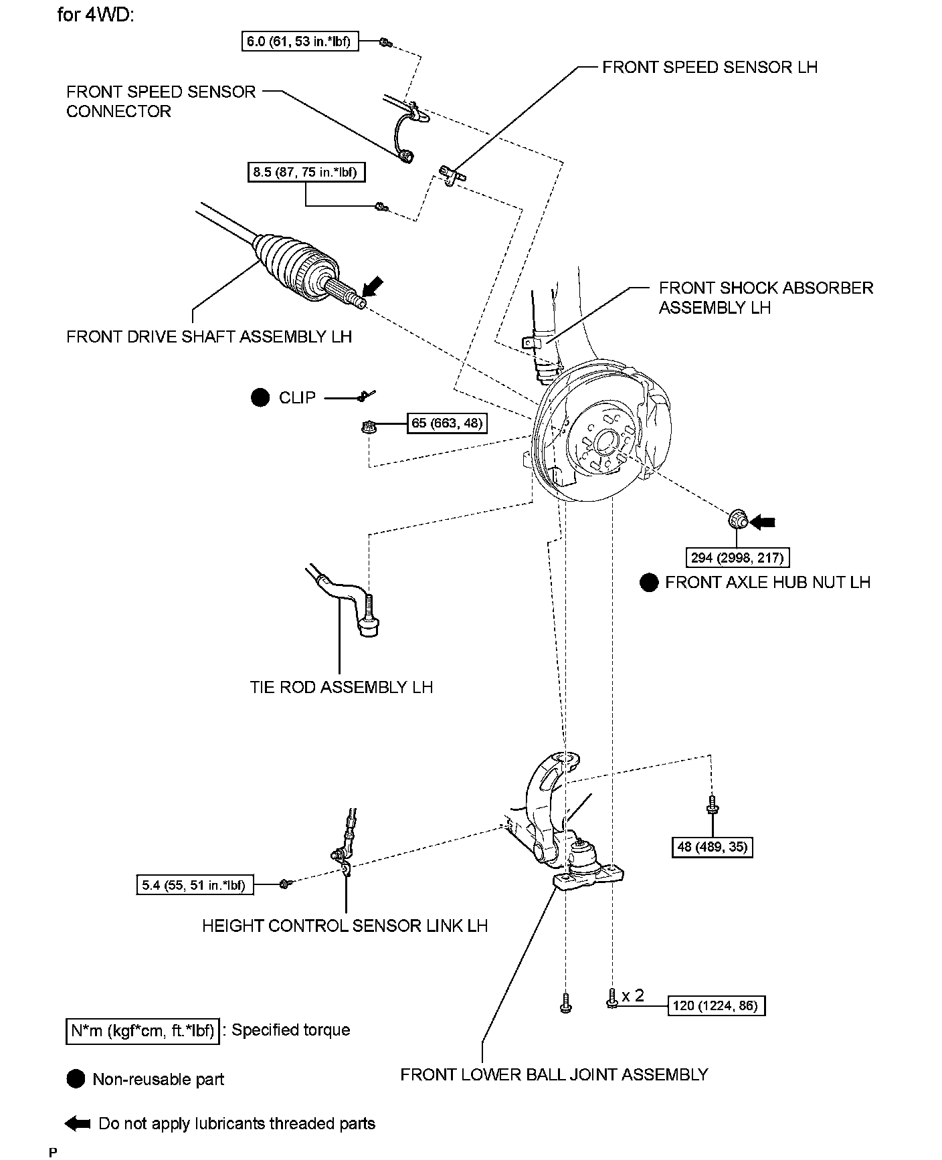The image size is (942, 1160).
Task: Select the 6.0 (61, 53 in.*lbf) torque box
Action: (x=300, y=41)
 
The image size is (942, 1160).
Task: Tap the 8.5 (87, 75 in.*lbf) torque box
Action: (x=305, y=173)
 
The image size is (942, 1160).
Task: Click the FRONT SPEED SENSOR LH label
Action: (x=709, y=67)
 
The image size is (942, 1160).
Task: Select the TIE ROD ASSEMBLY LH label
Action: (x=341, y=687)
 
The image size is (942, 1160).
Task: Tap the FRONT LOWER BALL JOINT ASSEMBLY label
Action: (x=554, y=1074)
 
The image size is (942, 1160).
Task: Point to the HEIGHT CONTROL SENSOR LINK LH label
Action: (x=345, y=926)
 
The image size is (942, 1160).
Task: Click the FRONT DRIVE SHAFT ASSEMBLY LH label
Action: (x=209, y=336)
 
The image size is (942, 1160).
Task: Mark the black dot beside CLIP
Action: (x=260, y=398)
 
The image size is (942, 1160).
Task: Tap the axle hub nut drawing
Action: (x=737, y=520)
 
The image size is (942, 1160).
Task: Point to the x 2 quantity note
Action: (x=632, y=996)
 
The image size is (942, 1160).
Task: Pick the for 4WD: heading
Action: (x=96, y=14)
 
